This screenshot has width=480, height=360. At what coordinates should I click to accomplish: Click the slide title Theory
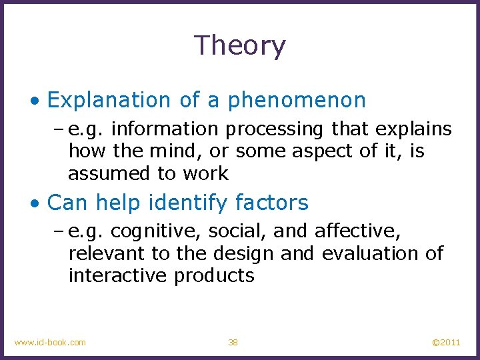(240, 46)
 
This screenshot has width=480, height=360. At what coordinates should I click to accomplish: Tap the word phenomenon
(297, 100)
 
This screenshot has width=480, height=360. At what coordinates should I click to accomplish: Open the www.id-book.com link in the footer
(50, 342)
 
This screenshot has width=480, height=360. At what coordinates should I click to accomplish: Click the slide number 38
(233, 342)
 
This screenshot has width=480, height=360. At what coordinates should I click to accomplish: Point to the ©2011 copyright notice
(446, 342)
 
